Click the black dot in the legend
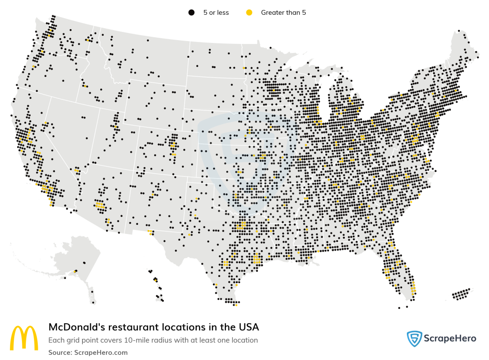point(191,12)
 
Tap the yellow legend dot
point(249,12)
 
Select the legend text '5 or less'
point(216,12)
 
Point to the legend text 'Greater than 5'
point(283,12)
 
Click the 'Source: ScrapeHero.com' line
point(88,352)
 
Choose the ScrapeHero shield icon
point(414,339)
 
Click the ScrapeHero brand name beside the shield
point(450,339)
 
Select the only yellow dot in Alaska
point(75,272)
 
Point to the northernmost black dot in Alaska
point(84,263)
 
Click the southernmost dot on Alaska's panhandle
point(94,303)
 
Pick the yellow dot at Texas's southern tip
point(236,304)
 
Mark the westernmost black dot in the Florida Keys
point(399,308)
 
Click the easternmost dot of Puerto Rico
point(469,289)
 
